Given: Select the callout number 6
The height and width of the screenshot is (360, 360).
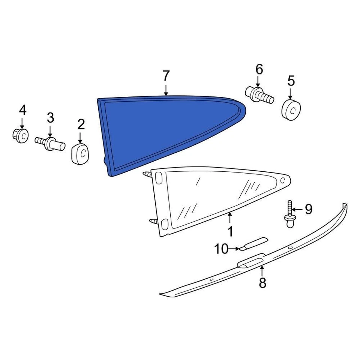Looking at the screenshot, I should coord(259,69).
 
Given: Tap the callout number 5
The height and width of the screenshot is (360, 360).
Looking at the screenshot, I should coord(291,81).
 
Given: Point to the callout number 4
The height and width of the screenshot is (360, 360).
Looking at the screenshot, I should coord(22,110).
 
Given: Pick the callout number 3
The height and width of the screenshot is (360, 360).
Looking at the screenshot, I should coord(50,118).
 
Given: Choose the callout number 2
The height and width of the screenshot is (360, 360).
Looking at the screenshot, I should coord(81,124).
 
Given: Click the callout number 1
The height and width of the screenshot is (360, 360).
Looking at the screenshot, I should coord(230,231).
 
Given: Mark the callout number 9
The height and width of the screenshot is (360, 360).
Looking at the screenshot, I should coord(308,209).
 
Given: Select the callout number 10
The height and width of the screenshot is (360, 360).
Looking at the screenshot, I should coord(222,249).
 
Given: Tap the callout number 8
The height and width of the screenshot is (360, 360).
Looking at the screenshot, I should coord(262,282).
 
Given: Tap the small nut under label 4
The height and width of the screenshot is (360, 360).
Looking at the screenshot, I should coord(22,135).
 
